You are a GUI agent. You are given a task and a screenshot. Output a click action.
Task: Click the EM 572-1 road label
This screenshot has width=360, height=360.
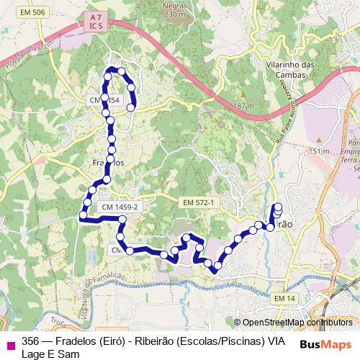click(x=199, y=204)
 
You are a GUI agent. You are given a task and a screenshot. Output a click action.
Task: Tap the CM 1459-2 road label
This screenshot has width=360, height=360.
click(x=120, y=207)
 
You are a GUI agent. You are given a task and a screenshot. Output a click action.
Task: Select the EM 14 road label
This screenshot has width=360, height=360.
click(x=284, y=298)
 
